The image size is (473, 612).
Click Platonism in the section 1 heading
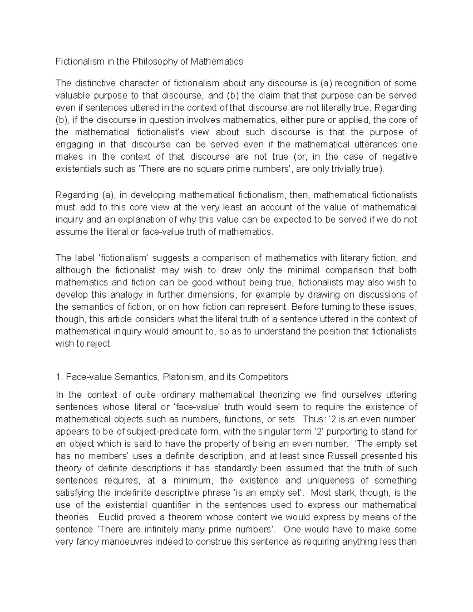point(183,377)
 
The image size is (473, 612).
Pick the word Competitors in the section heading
point(264,377)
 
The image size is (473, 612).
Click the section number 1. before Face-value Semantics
point(59,377)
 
